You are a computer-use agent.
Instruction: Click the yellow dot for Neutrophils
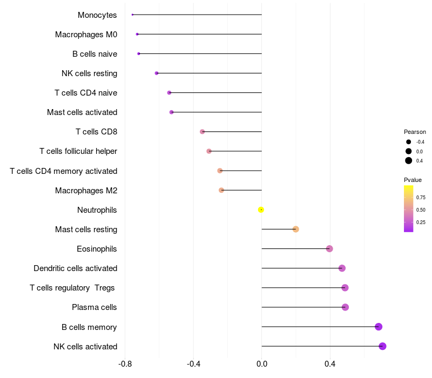(261, 210)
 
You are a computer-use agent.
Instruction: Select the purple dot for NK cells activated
(382, 346)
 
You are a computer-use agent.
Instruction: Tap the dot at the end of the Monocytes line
(132, 15)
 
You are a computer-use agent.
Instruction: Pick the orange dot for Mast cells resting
(295, 229)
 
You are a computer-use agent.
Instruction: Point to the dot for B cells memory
(379, 327)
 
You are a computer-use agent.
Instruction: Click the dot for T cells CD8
(202, 132)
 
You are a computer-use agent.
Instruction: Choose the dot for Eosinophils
(329, 249)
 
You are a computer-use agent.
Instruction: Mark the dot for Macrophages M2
(221, 190)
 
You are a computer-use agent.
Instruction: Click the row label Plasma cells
(94, 307)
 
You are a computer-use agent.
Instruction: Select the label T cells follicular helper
(78, 151)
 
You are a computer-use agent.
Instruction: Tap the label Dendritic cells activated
(75, 268)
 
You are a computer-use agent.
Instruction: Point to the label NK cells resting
(89, 73)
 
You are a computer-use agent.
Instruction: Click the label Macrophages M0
(86, 35)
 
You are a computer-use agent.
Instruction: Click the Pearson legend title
(415, 132)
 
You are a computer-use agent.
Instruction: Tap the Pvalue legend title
(413, 180)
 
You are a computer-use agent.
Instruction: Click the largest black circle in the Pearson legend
(409, 160)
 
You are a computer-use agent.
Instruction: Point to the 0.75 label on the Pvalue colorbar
(421, 198)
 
